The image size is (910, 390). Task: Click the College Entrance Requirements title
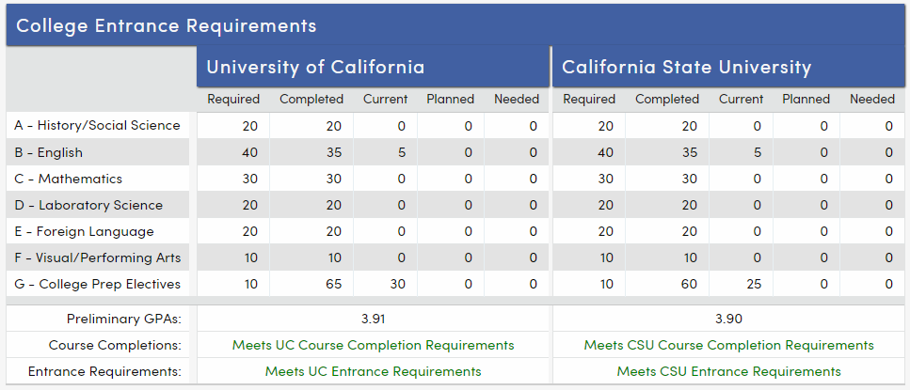tap(166, 25)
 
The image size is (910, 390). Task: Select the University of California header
tap(315, 67)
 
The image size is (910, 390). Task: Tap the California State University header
tap(686, 67)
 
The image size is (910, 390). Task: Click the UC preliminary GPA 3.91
tap(374, 319)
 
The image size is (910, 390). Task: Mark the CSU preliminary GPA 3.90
tap(728, 319)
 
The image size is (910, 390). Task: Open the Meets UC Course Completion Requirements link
tap(373, 345)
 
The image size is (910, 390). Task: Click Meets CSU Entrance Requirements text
tap(728, 371)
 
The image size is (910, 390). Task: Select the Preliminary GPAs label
tap(123, 319)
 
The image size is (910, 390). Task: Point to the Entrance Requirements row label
tap(105, 371)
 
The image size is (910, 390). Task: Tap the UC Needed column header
tap(517, 99)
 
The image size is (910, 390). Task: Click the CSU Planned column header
tap(806, 99)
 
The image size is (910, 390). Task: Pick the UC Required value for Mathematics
tap(247, 179)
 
